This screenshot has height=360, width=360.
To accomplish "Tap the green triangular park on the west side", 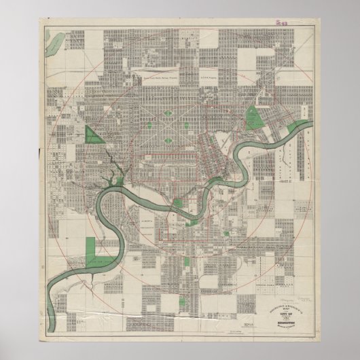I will tap(94, 134).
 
